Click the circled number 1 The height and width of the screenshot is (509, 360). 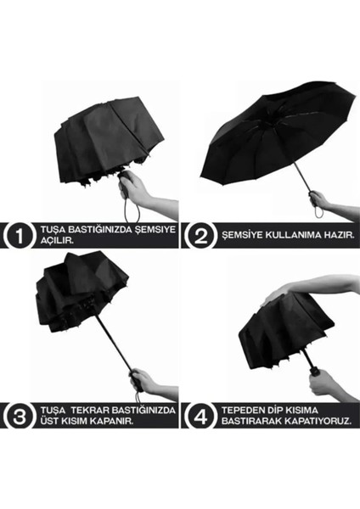pyautogui.click(x=17, y=236)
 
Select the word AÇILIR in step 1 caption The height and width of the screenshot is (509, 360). pyautogui.click(x=53, y=242)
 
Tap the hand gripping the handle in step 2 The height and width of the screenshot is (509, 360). pyautogui.click(x=321, y=201)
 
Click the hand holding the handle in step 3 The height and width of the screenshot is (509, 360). pyautogui.click(x=146, y=381)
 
